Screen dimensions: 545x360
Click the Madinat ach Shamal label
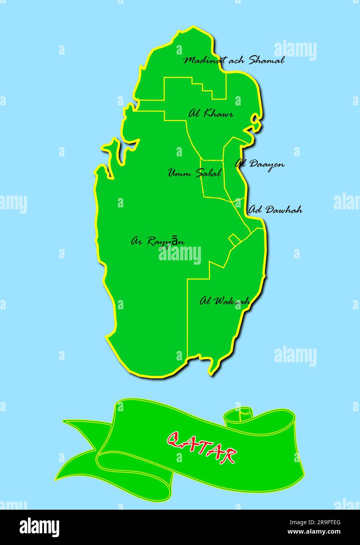coord(234,60)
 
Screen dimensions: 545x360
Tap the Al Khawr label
coord(211,114)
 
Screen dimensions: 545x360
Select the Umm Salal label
coord(195,173)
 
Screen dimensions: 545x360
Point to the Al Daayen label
coord(260,164)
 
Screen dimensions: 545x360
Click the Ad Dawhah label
coord(275,209)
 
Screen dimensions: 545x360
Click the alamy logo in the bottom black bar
coord(40,527)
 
